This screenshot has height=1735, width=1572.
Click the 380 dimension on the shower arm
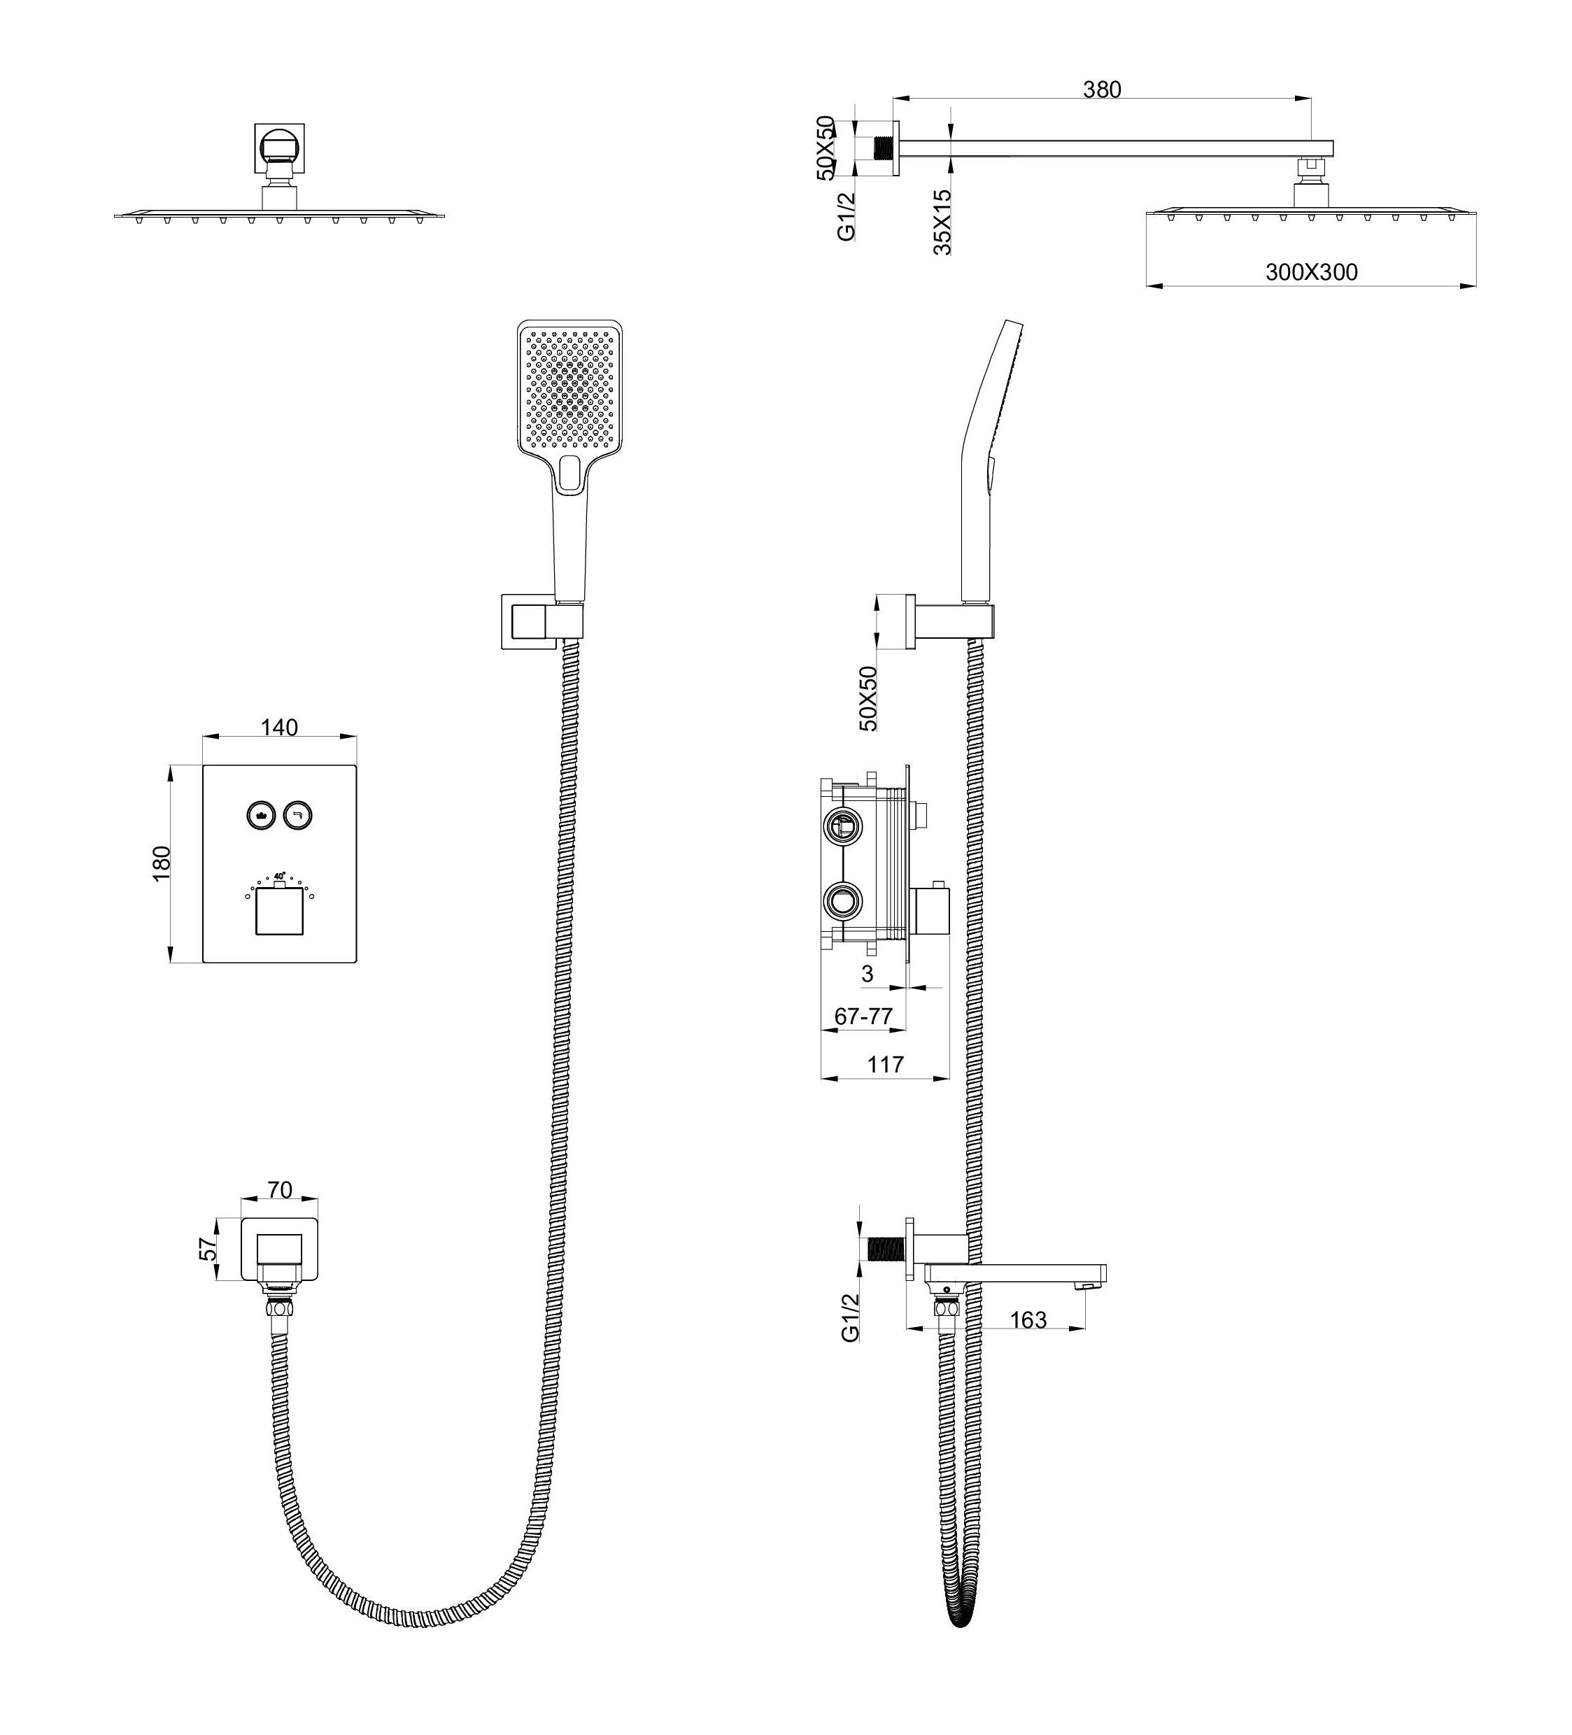(x=1101, y=89)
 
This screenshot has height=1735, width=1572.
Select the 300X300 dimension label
(x=1310, y=272)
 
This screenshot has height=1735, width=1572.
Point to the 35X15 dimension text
(x=943, y=221)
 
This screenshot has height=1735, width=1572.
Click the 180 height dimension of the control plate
(x=162, y=863)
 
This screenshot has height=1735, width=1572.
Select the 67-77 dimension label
(x=863, y=1017)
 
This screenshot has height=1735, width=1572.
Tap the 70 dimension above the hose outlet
(x=280, y=1189)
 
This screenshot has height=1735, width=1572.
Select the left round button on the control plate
(x=260, y=813)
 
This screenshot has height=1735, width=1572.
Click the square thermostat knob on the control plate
(x=278, y=912)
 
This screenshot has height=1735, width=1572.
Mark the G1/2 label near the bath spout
(x=850, y=1317)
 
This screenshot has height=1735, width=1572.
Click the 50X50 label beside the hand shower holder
(x=869, y=698)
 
